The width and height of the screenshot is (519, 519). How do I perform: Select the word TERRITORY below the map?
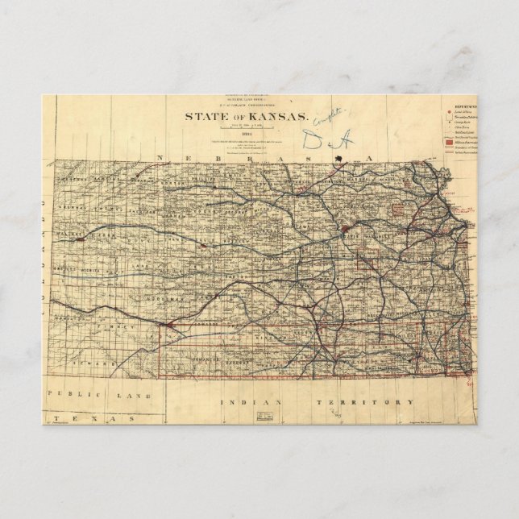click(x=384, y=401)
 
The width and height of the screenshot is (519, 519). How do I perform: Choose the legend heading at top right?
click(x=462, y=105)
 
